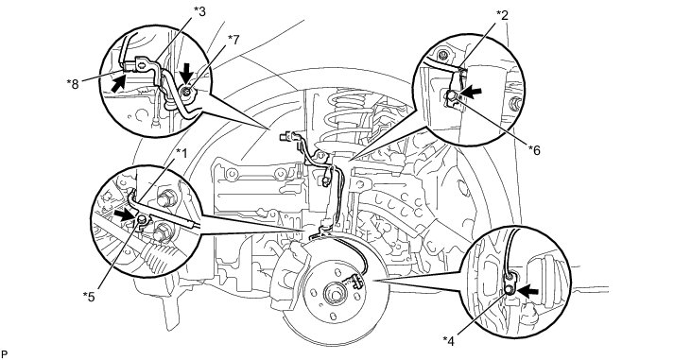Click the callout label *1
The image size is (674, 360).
pos(181,153)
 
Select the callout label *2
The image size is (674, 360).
pos(502,16)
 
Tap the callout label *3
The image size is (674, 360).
pos(199,11)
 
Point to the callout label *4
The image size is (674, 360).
pos(449,341)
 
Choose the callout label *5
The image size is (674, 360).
pos(89,297)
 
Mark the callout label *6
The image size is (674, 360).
pos(534,150)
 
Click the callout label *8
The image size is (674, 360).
pos(73,83)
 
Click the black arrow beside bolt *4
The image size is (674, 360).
pos(527,291)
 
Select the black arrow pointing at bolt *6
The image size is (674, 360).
pos(471,93)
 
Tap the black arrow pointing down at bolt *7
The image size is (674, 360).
pos(186,74)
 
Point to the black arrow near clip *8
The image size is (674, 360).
pos(119,82)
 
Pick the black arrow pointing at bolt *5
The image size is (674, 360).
pos(125,214)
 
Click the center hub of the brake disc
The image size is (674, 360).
pos(333,296)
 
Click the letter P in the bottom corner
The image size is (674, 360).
pos(4,354)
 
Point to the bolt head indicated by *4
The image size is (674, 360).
pos(509,290)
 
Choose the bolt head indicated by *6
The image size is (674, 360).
pos(452,96)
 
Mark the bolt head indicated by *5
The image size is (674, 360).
pos(141,220)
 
